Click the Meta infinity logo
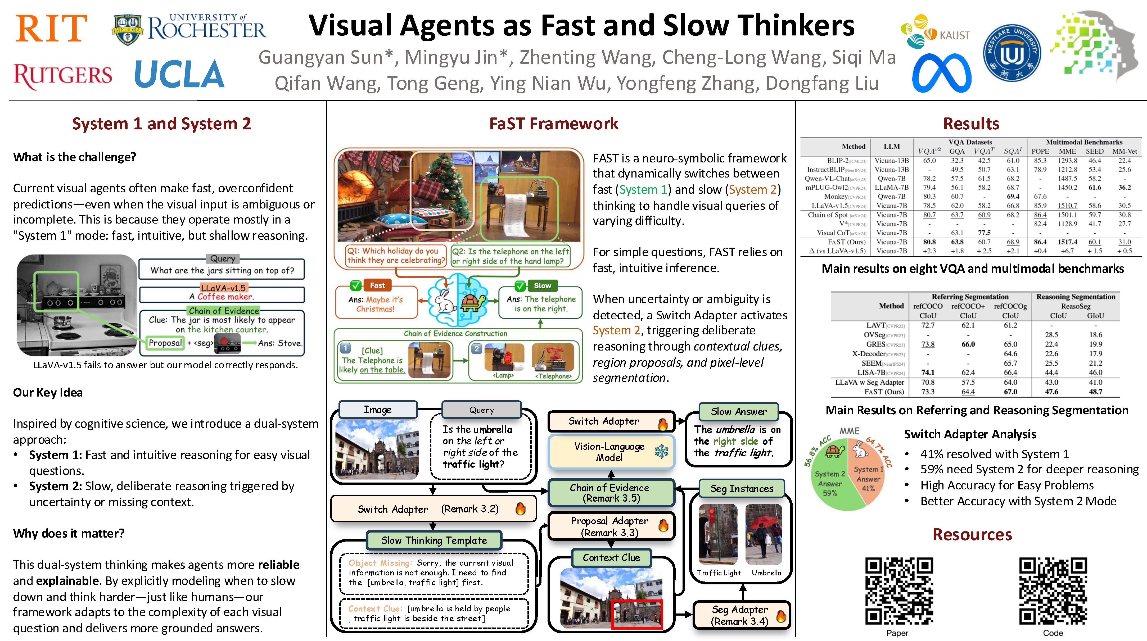pyautogui.click(x=941, y=73)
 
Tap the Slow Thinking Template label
pyautogui.click(x=434, y=540)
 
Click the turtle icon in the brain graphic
pyautogui.click(x=473, y=302)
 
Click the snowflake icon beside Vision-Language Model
pyautogui.click(x=662, y=451)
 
